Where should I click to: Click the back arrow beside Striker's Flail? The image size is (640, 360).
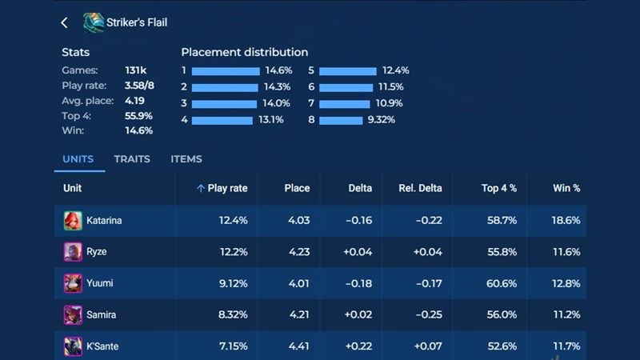(x=65, y=23)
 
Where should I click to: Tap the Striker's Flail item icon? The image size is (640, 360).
(x=93, y=22)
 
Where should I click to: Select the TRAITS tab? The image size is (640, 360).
(x=132, y=159)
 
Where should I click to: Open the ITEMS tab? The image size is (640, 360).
(x=186, y=159)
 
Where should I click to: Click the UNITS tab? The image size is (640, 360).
(x=78, y=159)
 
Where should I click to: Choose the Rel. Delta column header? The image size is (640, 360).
(x=420, y=189)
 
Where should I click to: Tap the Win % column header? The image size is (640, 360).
(x=566, y=189)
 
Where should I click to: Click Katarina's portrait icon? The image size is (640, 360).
(x=73, y=220)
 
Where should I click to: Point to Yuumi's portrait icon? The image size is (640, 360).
(x=73, y=283)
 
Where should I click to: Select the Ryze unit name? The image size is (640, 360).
(x=95, y=252)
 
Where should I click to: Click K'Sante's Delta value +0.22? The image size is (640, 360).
(x=358, y=346)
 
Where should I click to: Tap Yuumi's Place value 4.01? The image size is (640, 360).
(x=297, y=283)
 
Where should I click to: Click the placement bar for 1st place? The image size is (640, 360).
(x=226, y=71)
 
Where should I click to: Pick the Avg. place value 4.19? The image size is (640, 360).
(x=136, y=101)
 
